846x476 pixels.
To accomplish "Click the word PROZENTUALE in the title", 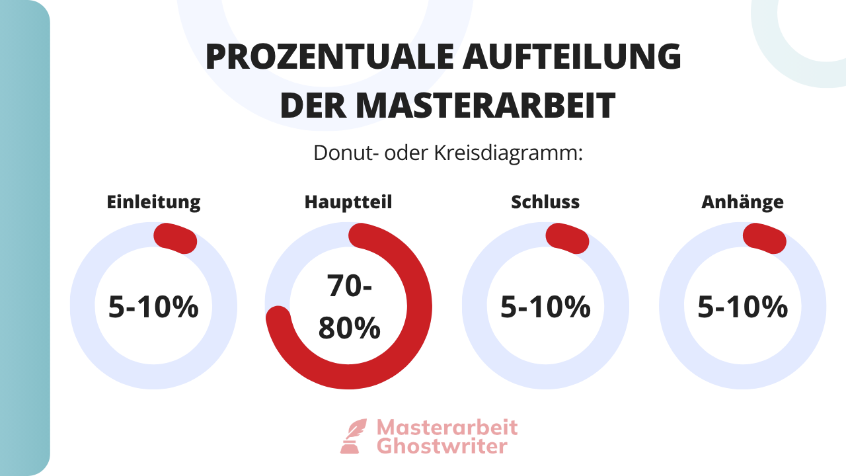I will tap(328, 57).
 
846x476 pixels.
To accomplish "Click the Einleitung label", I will tap(153, 202).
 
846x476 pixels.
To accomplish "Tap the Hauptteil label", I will tap(348, 202).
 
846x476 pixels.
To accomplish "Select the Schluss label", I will tap(545, 202).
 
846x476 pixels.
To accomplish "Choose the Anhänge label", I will tap(742, 202).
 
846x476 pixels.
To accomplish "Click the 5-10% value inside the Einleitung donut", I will tap(153, 307).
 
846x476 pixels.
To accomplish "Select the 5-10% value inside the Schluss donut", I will tap(545, 307).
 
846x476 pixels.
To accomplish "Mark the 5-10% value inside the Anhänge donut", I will tap(742, 307).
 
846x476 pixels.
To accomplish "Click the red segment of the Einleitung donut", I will tap(175, 238).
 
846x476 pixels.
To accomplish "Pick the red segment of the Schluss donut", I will tap(567, 238).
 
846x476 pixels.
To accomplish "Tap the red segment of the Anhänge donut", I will tap(765, 238).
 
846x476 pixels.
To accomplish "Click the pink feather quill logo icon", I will tap(353, 436).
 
